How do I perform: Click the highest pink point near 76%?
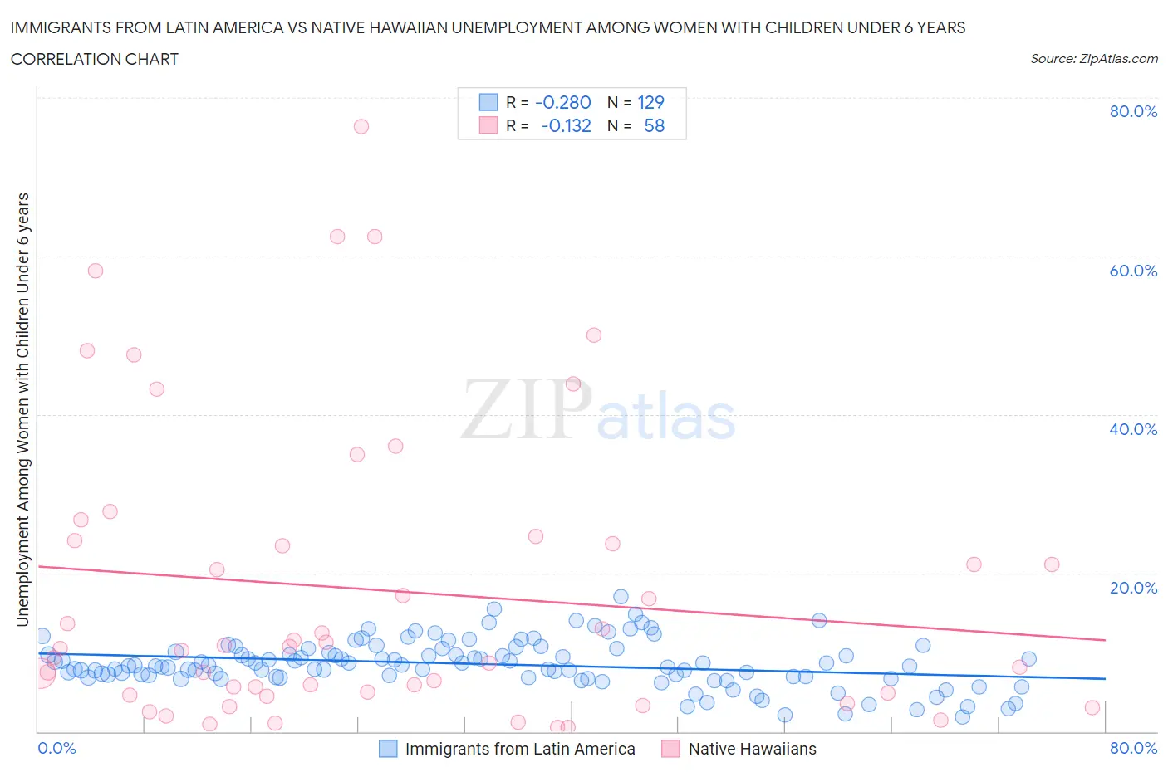[361, 126]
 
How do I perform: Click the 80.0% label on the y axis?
[1133, 111]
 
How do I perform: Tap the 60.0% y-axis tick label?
[1133, 271]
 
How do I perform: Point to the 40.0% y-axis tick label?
[1133, 429]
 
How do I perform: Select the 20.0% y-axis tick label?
[1133, 588]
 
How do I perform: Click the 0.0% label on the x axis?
[57, 748]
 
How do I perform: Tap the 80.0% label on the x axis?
[1133, 748]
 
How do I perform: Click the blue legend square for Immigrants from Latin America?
[388, 749]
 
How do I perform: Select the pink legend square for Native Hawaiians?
[670, 749]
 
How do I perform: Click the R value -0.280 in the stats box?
[563, 102]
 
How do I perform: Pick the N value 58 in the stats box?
[654, 125]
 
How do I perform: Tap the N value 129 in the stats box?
[650, 102]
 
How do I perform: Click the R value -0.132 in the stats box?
[566, 125]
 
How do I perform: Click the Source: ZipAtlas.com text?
[1093, 58]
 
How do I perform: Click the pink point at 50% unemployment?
[593, 335]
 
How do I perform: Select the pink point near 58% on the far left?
[96, 271]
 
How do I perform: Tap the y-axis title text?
[23, 409]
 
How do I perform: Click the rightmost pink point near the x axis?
[1092, 707]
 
